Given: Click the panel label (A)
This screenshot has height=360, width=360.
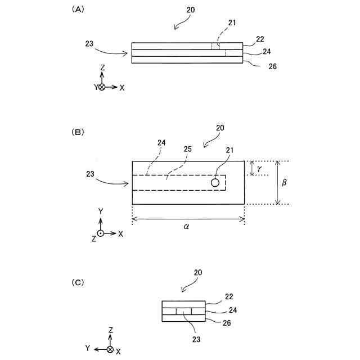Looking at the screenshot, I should [x=77, y=10].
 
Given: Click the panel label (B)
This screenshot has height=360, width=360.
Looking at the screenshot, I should [x=77, y=132].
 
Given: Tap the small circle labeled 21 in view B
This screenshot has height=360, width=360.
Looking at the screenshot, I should [x=215, y=183].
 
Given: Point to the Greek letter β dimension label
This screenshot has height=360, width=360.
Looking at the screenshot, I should [x=285, y=183].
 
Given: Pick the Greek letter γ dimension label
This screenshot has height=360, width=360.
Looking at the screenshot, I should [x=259, y=168].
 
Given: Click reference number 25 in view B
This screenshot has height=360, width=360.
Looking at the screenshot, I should [x=188, y=150].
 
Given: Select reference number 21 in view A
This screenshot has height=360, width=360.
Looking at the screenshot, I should [x=232, y=22].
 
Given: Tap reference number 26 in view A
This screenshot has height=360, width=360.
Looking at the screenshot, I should [x=272, y=66].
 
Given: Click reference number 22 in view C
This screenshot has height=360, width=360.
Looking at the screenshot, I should [x=228, y=296].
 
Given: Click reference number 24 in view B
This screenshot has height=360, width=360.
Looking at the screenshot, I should [x=161, y=143].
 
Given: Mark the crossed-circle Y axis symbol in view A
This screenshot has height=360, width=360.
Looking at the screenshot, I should [x=102, y=87].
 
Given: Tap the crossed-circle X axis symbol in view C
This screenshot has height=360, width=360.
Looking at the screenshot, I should [x=110, y=349].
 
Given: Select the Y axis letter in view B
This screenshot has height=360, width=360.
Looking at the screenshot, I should [x=100, y=210].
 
